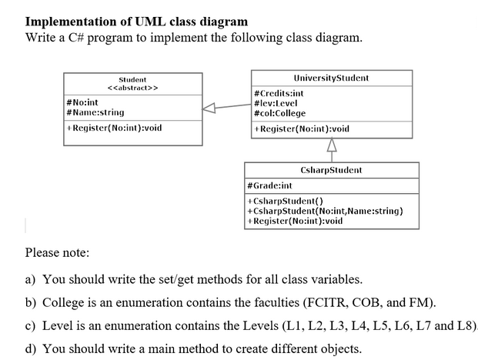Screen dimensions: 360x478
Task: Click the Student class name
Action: pyautogui.click(x=132, y=79)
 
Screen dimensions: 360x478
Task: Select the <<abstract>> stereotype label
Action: pyautogui.click(x=132, y=88)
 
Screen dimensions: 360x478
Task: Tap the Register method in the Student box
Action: pyautogui.click(x=114, y=127)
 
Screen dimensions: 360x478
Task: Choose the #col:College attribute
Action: pyautogui.click(x=279, y=112)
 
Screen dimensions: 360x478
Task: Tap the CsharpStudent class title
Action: pyautogui.click(x=331, y=170)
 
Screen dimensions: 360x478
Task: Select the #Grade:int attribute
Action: pyautogui.click(x=269, y=185)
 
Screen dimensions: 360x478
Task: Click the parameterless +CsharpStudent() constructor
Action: pyautogui.click(x=280, y=201)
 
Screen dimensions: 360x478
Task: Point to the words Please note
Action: pyautogui.click(x=57, y=252)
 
